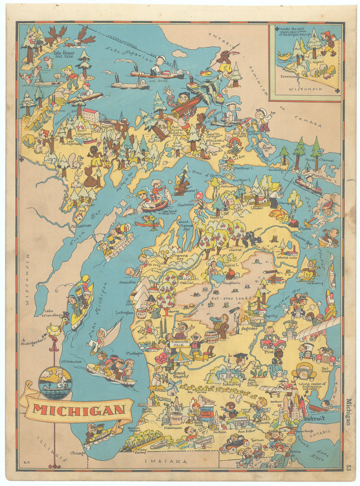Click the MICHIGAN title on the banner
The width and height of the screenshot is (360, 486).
[79, 409]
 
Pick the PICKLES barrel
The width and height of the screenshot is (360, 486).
[211, 335]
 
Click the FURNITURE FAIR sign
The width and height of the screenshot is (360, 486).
[180, 344]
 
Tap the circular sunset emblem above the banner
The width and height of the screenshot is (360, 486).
[55, 383]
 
